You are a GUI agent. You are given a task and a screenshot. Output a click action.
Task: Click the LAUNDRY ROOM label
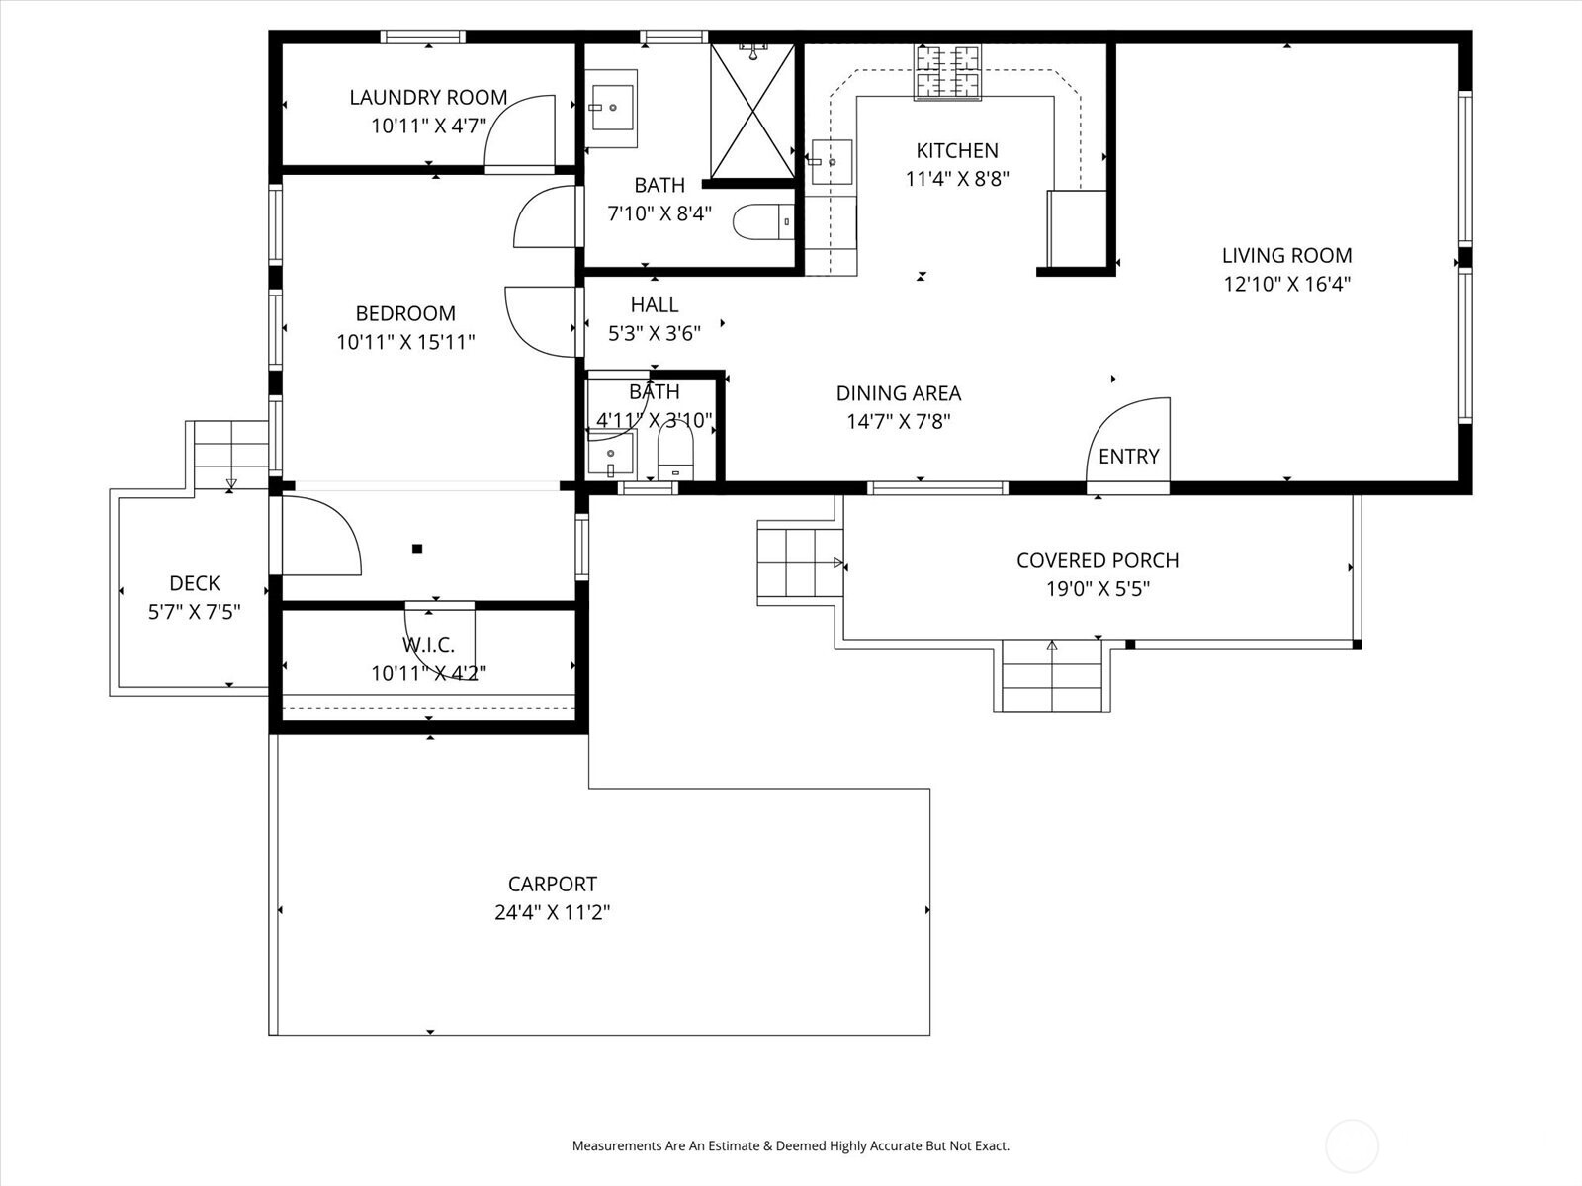(x=428, y=97)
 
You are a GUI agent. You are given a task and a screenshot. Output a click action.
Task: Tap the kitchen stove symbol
(x=947, y=72)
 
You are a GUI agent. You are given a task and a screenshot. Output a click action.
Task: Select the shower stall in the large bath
(x=752, y=111)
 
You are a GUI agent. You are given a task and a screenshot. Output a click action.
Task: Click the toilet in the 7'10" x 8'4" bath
(x=763, y=221)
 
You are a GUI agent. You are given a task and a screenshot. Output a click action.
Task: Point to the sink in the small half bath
(x=610, y=456)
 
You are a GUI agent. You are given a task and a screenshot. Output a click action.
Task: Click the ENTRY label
(x=1128, y=456)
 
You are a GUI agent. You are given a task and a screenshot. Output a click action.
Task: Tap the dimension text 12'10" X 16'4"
(x=1286, y=284)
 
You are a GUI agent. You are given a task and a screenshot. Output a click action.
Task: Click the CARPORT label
(x=552, y=884)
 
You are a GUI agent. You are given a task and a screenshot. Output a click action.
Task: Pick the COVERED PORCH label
(x=1098, y=560)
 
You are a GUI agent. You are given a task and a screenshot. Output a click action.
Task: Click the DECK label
(x=194, y=583)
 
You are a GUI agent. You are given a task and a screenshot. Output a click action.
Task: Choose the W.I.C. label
(x=428, y=645)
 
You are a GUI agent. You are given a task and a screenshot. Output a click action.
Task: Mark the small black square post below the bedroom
(x=417, y=549)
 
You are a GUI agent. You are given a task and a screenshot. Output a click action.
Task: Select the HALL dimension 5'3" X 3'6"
(x=654, y=333)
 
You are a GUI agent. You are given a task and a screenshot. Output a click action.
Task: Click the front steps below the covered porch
(x=1052, y=676)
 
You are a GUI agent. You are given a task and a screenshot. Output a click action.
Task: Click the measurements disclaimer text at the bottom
(x=790, y=1146)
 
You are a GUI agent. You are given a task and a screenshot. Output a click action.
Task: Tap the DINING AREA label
(x=898, y=393)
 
